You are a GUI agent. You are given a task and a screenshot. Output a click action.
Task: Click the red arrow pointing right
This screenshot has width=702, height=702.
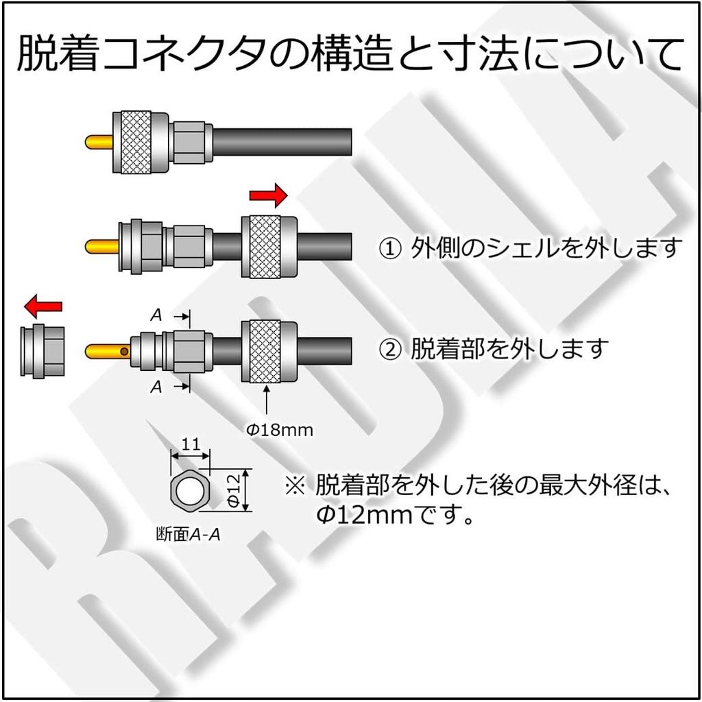click(268, 195)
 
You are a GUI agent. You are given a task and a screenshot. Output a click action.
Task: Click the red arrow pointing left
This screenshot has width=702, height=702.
click(43, 306)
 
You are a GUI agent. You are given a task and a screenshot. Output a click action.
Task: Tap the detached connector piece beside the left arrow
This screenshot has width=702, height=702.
click(43, 351)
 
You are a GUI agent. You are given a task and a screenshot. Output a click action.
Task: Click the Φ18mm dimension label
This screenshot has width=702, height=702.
click(280, 431)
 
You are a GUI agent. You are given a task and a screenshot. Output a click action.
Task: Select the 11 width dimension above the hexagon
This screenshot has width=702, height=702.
click(191, 444)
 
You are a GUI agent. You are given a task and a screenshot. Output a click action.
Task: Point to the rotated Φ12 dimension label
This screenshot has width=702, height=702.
click(234, 489)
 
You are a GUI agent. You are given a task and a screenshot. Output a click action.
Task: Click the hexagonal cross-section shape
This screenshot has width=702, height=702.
click(190, 490)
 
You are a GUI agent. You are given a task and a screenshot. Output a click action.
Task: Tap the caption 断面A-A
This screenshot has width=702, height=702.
click(188, 535)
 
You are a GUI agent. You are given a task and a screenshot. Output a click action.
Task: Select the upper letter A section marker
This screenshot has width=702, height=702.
click(156, 315)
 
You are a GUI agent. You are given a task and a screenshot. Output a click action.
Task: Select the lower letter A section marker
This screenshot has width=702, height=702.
click(156, 387)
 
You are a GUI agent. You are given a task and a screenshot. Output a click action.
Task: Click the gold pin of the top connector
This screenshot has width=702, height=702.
click(99, 143)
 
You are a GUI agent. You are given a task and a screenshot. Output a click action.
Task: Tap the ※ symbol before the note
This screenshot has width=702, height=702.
click(295, 485)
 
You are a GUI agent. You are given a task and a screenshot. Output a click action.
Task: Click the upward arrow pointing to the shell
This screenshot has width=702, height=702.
click(267, 400)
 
